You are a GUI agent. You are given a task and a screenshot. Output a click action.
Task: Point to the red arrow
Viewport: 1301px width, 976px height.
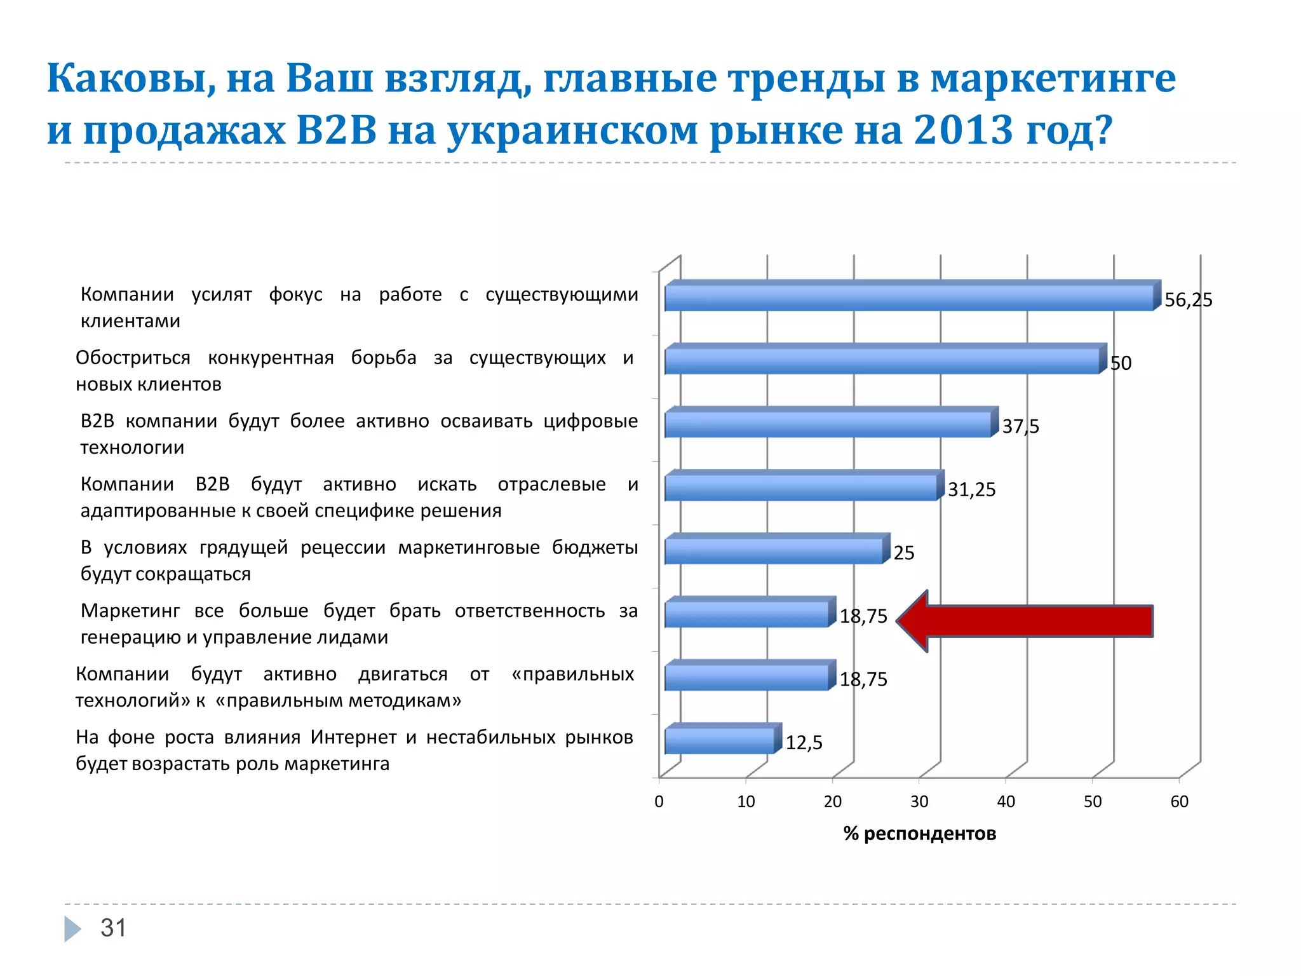pos(1025,621)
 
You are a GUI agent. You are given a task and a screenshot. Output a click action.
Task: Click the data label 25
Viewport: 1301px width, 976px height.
pos(904,553)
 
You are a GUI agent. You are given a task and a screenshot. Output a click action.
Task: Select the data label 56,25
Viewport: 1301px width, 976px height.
pos(1188,300)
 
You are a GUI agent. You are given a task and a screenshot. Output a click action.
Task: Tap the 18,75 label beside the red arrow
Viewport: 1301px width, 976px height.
pos(863,616)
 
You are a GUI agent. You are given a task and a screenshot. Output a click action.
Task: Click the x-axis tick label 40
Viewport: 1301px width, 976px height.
pos(1006,802)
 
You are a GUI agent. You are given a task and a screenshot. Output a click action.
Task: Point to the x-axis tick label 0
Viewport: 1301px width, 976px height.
pos(659,802)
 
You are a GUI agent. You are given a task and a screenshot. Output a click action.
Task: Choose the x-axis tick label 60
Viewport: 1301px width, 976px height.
pos(1179,802)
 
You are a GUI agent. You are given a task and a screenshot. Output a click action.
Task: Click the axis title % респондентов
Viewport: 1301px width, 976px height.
pos(919,834)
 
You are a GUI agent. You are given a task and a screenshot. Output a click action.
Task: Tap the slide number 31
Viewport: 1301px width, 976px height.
pos(114,928)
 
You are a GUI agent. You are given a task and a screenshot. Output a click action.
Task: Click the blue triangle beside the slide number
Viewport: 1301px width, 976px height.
pos(72,929)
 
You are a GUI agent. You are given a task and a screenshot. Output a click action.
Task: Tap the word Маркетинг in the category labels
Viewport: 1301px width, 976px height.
pos(130,611)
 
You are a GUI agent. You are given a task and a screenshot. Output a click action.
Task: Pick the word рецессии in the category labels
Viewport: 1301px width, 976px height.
pos(342,547)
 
